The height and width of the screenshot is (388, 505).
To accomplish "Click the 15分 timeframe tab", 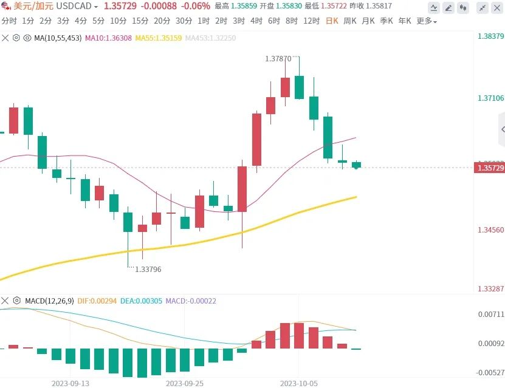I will tap(140, 21).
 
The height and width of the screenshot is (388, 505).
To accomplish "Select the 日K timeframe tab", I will tap(332, 21).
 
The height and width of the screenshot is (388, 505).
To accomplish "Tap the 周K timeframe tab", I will tap(350, 21).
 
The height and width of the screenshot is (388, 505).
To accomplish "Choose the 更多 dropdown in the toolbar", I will tap(427, 21).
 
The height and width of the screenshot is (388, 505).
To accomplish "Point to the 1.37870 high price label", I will tap(278, 59).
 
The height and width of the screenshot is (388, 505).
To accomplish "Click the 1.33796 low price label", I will tap(148, 269).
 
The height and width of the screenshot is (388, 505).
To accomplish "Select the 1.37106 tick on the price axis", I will tap(490, 98).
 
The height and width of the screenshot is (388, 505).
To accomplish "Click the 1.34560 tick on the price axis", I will tap(490, 230).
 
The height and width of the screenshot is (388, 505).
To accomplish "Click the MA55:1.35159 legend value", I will tap(157, 38).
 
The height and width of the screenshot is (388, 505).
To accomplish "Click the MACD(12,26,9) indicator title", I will tap(50, 301).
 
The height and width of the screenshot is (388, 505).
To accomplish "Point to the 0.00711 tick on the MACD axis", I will tap(490, 314).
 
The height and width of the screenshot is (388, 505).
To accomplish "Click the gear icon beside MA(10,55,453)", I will tap(16, 38).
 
